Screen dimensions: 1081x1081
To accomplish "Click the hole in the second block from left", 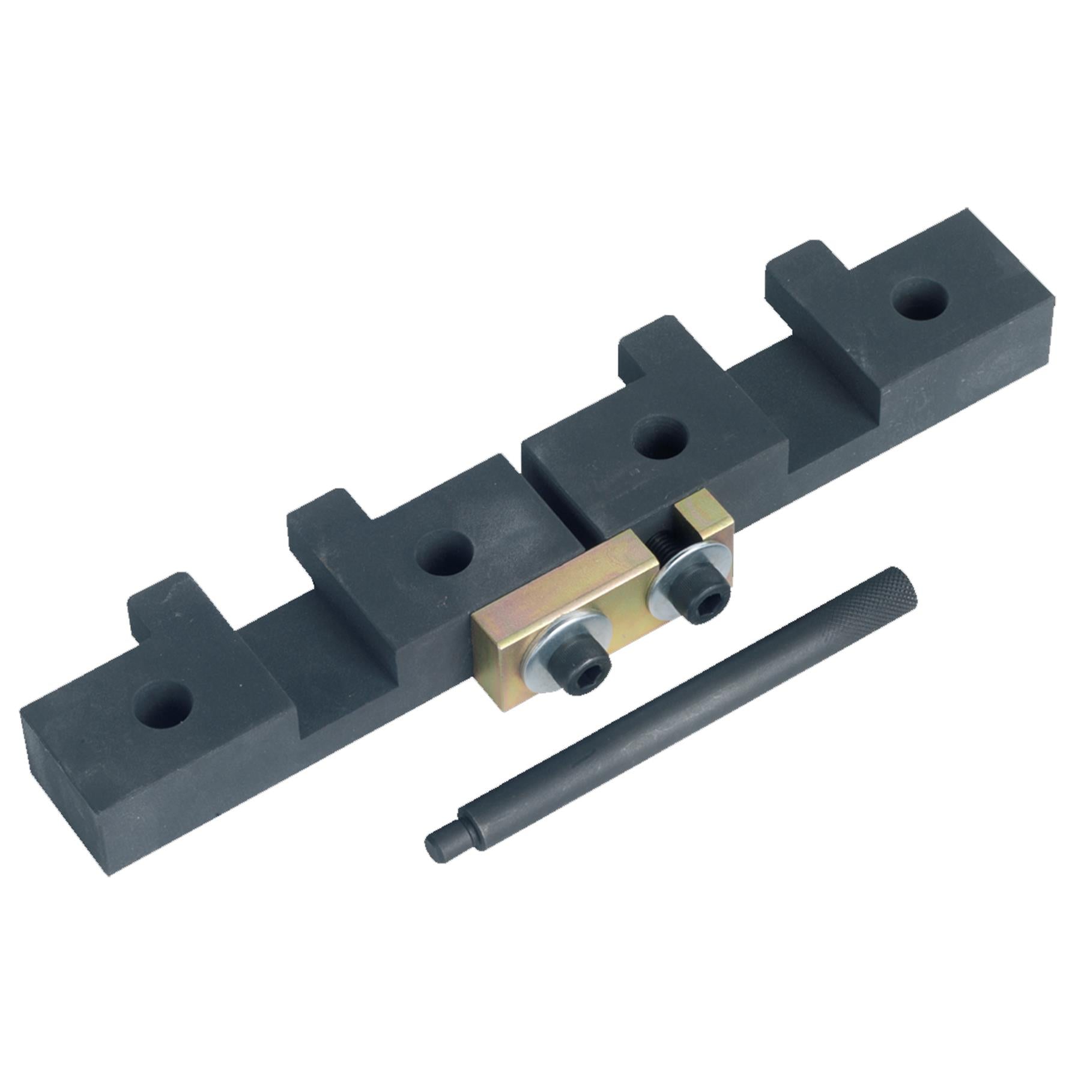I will click(x=446, y=551).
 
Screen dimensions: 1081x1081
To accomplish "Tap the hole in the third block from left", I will click(x=661, y=437).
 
